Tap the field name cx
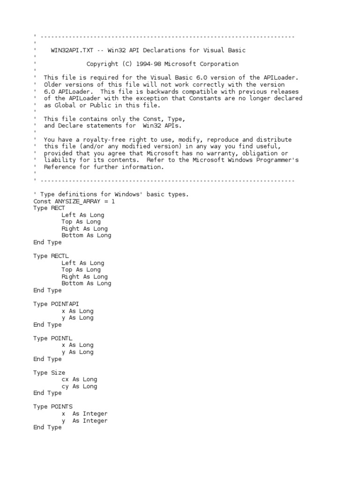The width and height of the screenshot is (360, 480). point(65,379)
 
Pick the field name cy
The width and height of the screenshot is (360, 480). point(65,386)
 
